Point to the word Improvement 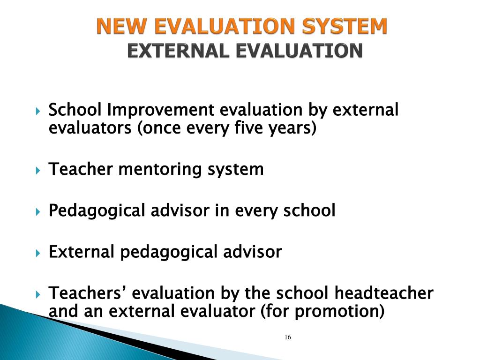click(162, 111)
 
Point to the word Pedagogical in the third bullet click(97, 211)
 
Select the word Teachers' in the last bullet click(88, 293)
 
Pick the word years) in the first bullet click(293, 127)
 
